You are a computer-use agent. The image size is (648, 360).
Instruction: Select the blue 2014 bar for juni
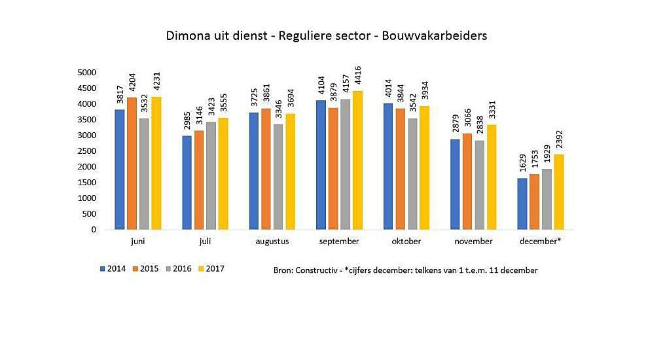[119, 170]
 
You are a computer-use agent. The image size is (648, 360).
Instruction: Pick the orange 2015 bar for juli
[198, 180]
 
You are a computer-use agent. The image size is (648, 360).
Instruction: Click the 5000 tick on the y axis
[87, 73]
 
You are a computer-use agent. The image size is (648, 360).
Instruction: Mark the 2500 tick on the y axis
[87, 151]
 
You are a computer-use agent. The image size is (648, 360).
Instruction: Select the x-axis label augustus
[271, 241]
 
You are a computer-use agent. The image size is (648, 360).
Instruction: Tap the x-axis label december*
[540, 241]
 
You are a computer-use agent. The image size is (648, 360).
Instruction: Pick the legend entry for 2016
[177, 268]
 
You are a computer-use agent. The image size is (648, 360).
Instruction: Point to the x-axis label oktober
[406, 241]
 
